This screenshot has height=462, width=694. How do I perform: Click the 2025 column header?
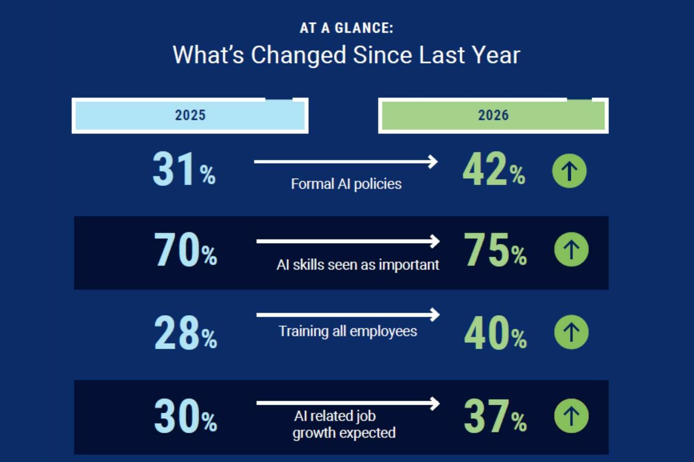[190, 115]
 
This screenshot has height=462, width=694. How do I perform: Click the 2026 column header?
[493, 115]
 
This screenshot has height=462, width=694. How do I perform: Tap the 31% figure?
[184, 169]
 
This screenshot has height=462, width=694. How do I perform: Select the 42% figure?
[494, 169]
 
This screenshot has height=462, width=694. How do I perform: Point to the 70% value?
[186, 250]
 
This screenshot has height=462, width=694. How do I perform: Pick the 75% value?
[495, 250]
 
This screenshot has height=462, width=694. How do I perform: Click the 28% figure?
[186, 332]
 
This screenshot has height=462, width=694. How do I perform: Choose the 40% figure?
[495, 332]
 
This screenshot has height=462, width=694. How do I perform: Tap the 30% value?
[186, 416]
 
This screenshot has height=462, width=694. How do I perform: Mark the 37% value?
[495, 416]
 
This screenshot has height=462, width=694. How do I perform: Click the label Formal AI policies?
[346, 184]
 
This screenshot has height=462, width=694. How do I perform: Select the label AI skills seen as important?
[358, 265]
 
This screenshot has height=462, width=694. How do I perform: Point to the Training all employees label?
[348, 331]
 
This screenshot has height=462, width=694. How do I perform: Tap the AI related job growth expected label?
[344, 425]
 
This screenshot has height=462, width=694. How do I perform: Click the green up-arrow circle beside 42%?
[570, 171]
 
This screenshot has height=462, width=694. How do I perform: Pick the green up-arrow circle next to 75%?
[571, 250]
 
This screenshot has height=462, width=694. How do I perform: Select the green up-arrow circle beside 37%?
[571, 416]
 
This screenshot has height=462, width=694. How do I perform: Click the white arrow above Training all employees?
[348, 315]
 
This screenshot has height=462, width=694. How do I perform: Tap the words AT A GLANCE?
[346, 28]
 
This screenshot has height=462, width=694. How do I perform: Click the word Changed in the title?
[298, 55]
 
